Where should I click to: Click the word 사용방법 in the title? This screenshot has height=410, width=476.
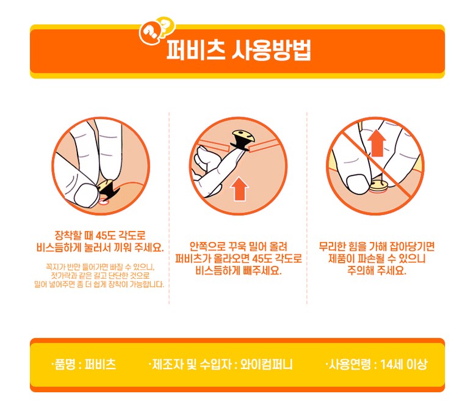tap(272, 50)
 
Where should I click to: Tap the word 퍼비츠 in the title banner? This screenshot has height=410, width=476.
tap(196, 50)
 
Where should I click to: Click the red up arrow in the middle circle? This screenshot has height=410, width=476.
tap(239, 189)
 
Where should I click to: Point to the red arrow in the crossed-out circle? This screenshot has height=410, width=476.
tap(377, 143)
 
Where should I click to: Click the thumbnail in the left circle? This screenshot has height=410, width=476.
tap(85, 194)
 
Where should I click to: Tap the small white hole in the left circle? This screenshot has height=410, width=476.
tap(104, 202)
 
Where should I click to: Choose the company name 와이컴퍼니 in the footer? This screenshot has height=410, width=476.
tap(266, 364)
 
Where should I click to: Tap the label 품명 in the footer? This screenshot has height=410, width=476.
tap(65, 364)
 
